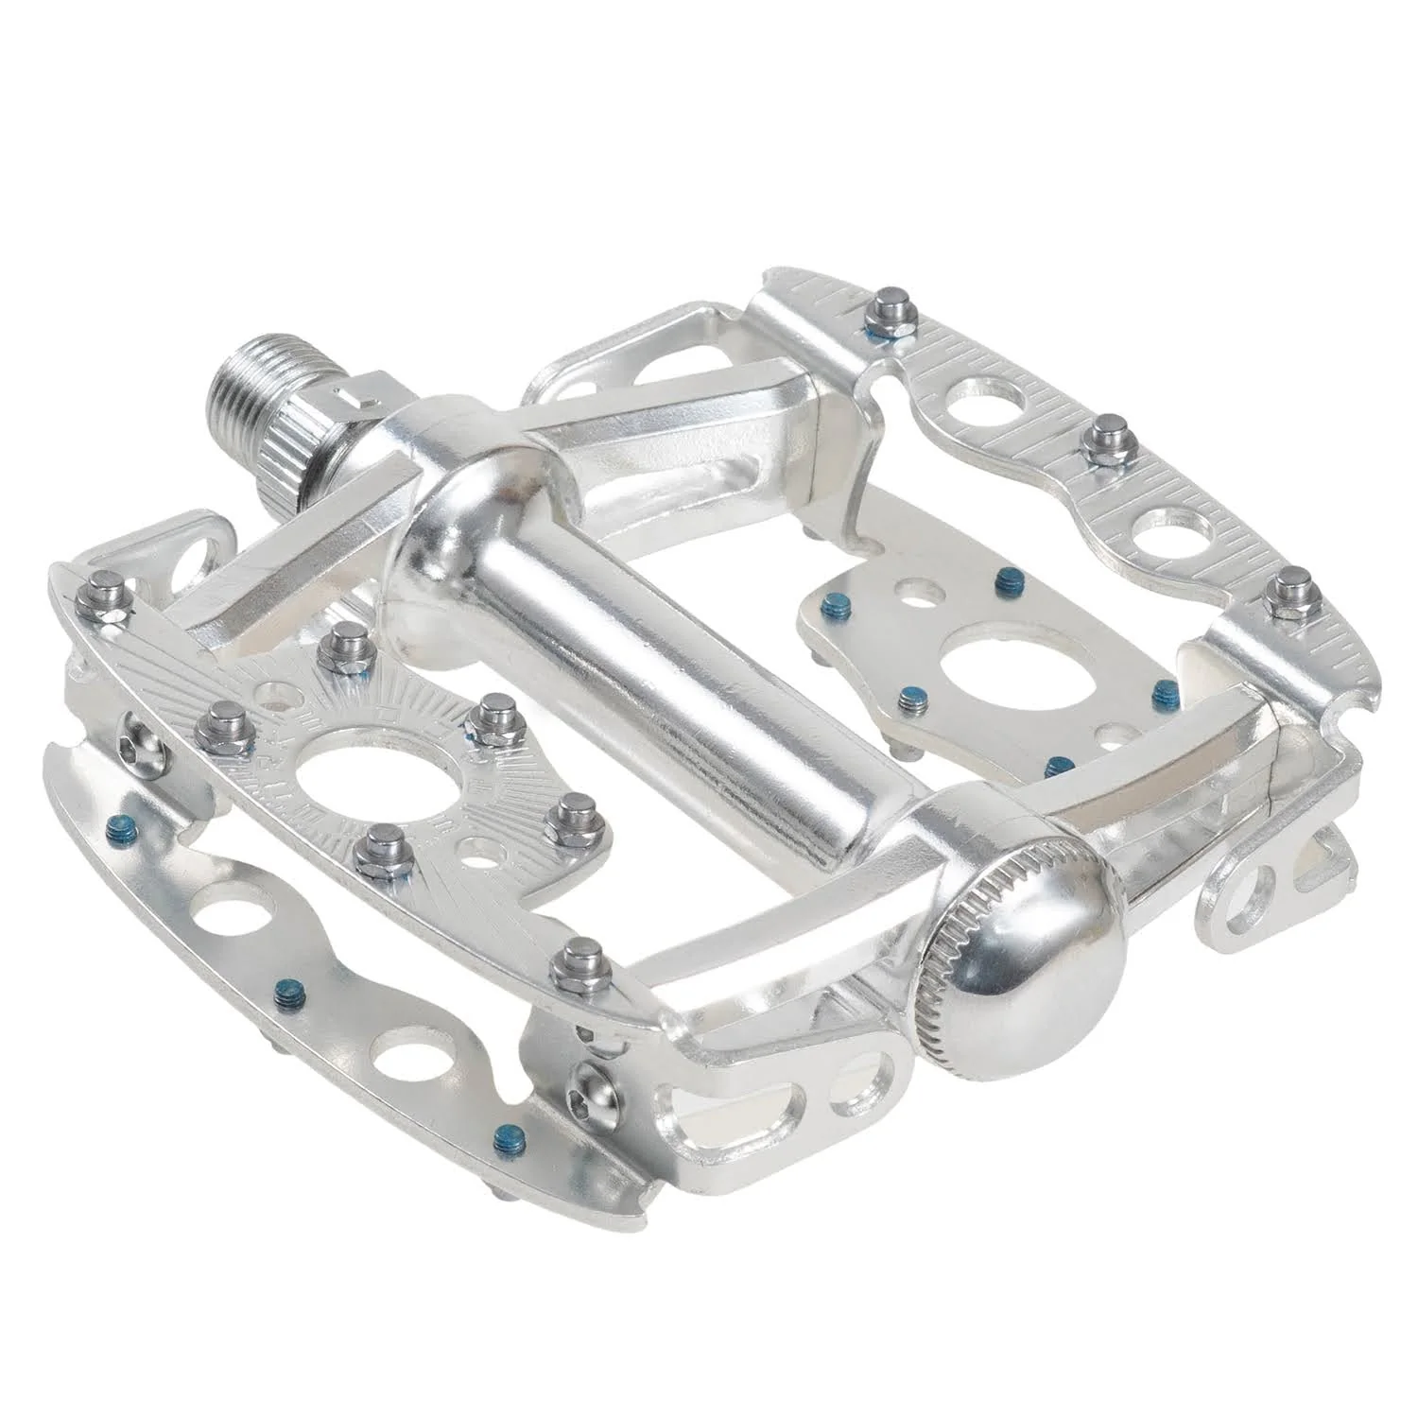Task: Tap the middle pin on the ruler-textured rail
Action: pyautogui.click(x=1104, y=439)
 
